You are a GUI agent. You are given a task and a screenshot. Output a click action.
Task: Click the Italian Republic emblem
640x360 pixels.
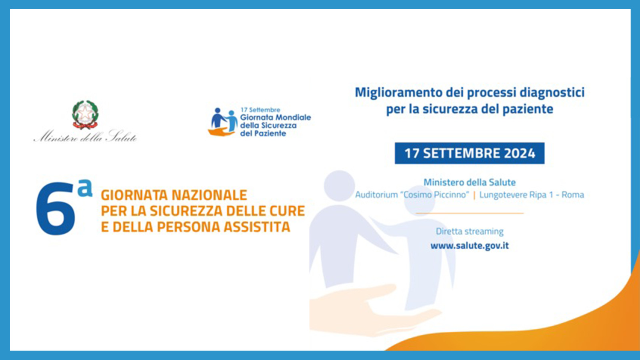coord(85,114)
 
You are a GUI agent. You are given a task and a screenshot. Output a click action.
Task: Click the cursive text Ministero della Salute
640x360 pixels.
coord(85,136)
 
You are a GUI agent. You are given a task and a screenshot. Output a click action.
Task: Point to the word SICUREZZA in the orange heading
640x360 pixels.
coord(186,211)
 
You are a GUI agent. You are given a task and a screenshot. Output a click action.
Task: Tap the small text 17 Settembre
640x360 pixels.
coord(260,110)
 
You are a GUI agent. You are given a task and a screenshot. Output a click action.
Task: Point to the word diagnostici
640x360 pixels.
coord(552,92)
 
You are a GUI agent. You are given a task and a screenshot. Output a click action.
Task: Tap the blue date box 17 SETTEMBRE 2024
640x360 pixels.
coord(469,153)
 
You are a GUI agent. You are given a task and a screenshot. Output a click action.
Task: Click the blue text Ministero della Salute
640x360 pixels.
coord(469,182)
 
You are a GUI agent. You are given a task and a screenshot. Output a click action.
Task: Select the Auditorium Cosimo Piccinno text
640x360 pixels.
coord(412,195)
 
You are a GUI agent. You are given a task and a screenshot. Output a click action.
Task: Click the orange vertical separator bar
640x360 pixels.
coord(474,195)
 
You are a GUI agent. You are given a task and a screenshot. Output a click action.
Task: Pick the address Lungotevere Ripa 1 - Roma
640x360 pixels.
coord(532,195)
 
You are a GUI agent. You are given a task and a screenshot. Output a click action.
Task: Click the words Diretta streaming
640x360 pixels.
coord(469,231)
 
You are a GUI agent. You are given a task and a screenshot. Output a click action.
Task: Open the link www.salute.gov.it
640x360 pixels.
coord(469,246)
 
